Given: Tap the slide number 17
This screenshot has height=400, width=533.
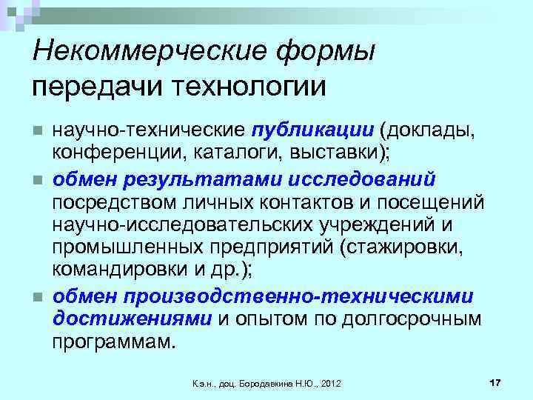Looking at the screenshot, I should click(x=495, y=381).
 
